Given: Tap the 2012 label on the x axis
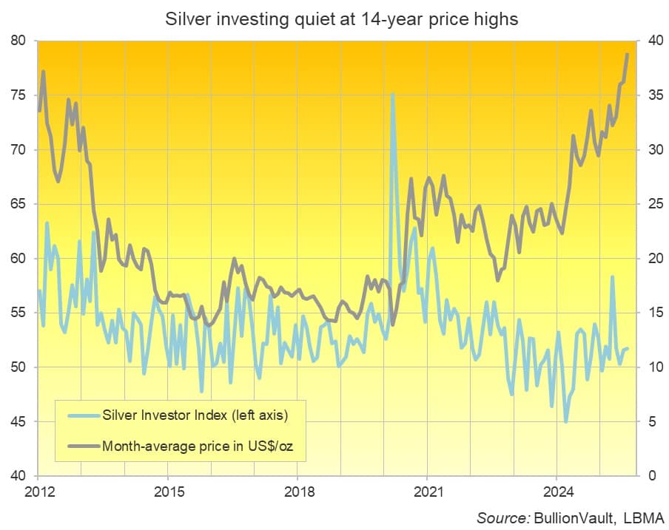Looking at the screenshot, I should (37, 490).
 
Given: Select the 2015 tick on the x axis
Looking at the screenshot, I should (167, 490).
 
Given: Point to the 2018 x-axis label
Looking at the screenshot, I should (297, 490).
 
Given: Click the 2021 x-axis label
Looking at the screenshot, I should (428, 490).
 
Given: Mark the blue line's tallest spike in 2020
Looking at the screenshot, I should (392, 94).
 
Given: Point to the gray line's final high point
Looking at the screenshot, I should (628, 54).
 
